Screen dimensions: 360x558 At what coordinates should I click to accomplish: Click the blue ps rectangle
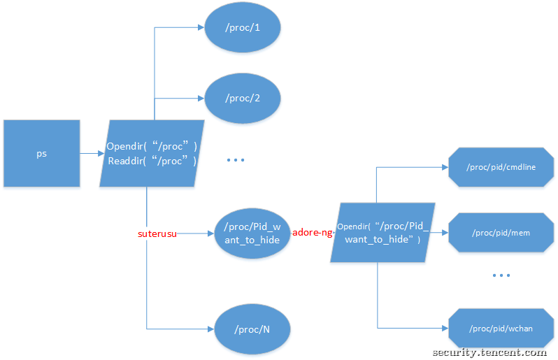pos(41,154)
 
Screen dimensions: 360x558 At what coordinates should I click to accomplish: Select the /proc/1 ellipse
pos(243,27)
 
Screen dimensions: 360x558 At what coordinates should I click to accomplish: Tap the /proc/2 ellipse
pos(243,98)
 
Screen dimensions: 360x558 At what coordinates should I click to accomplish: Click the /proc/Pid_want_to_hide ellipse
pos(252,233)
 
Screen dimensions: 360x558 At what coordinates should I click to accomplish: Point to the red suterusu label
pos(157,233)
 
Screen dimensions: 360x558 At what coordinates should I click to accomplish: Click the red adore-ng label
pos(312,233)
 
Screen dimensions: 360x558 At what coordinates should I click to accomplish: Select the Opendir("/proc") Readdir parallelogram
pos(152,154)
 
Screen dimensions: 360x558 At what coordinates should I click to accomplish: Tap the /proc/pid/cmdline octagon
pos(501,168)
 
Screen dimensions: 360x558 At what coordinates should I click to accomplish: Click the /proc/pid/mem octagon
pos(501,232)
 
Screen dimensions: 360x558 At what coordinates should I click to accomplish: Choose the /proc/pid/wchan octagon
pos(501,328)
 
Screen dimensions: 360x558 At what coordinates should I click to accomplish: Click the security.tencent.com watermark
pos(489,352)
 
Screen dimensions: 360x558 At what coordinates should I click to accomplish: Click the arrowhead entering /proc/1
pos(200,27)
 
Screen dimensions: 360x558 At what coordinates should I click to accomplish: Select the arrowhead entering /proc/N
pos(210,329)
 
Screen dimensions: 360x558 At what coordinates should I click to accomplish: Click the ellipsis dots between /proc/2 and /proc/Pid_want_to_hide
pos(236,160)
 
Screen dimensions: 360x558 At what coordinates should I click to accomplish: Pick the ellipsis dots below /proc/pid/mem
pos(501,276)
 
